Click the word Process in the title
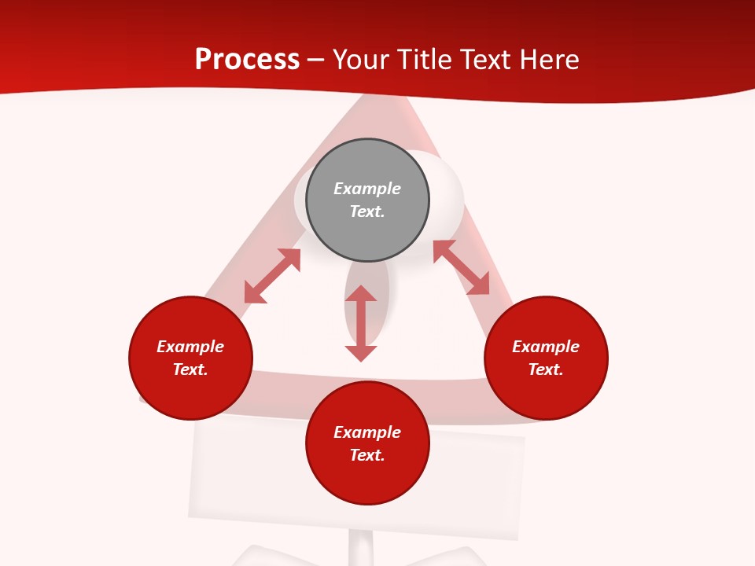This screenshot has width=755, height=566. click(x=247, y=60)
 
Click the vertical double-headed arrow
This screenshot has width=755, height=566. click(x=361, y=323)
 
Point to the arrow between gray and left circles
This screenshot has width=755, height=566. click(x=272, y=276)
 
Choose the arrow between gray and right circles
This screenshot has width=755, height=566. click(x=461, y=267)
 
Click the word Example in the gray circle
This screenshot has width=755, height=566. click(x=367, y=189)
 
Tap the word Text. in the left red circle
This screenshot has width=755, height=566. click(x=190, y=369)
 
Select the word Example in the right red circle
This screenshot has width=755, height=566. click(x=546, y=347)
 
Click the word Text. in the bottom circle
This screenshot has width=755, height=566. click(x=367, y=455)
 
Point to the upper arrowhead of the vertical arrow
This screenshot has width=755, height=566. click(x=361, y=293)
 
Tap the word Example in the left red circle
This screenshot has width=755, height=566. click(x=190, y=347)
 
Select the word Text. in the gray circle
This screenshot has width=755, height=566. click(x=367, y=211)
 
